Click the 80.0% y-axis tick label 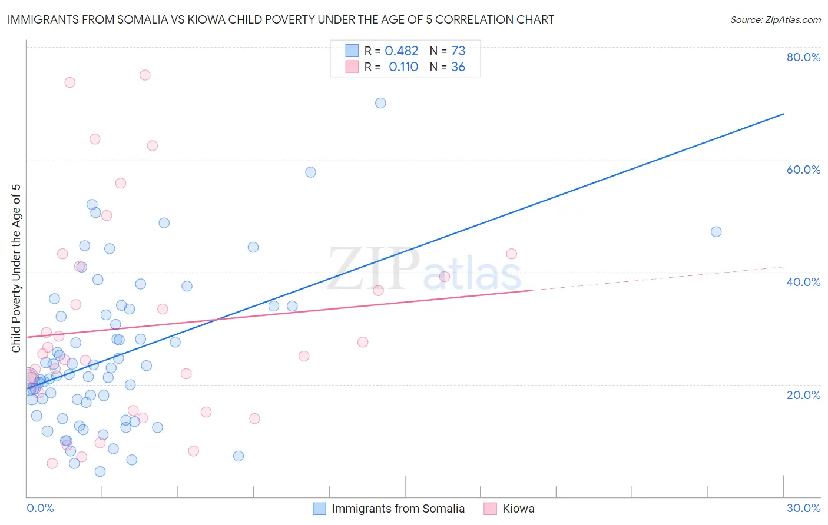pyautogui.click(x=803, y=57)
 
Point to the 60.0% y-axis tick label pyautogui.click(x=803, y=170)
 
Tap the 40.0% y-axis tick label pyautogui.click(x=803, y=282)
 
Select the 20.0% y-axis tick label pyautogui.click(x=803, y=394)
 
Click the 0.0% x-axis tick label pyautogui.click(x=40, y=508)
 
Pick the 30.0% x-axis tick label pyautogui.click(x=803, y=508)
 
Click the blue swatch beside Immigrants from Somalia pyautogui.click(x=319, y=509)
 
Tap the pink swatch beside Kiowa pyautogui.click(x=490, y=509)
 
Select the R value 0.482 pyautogui.click(x=402, y=51)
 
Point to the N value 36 pyautogui.click(x=458, y=67)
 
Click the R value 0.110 pyautogui.click(x=403, y=67)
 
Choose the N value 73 pyautogui.click(x=458, y=51)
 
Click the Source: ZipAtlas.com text pyautogui.click(x=776, y=20)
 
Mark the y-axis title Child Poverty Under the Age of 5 pyautogui.click(x=16, y=268)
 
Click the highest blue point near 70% pyautogui.click(x=380, y=103)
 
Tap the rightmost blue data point pyautogui.click(x=716, y=232)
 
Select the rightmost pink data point pyautogui.click(x=512, y=254)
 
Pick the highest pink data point pyautogui.click(x=145, y=75)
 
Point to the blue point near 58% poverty pyautogui.click(x=310, y=172)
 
